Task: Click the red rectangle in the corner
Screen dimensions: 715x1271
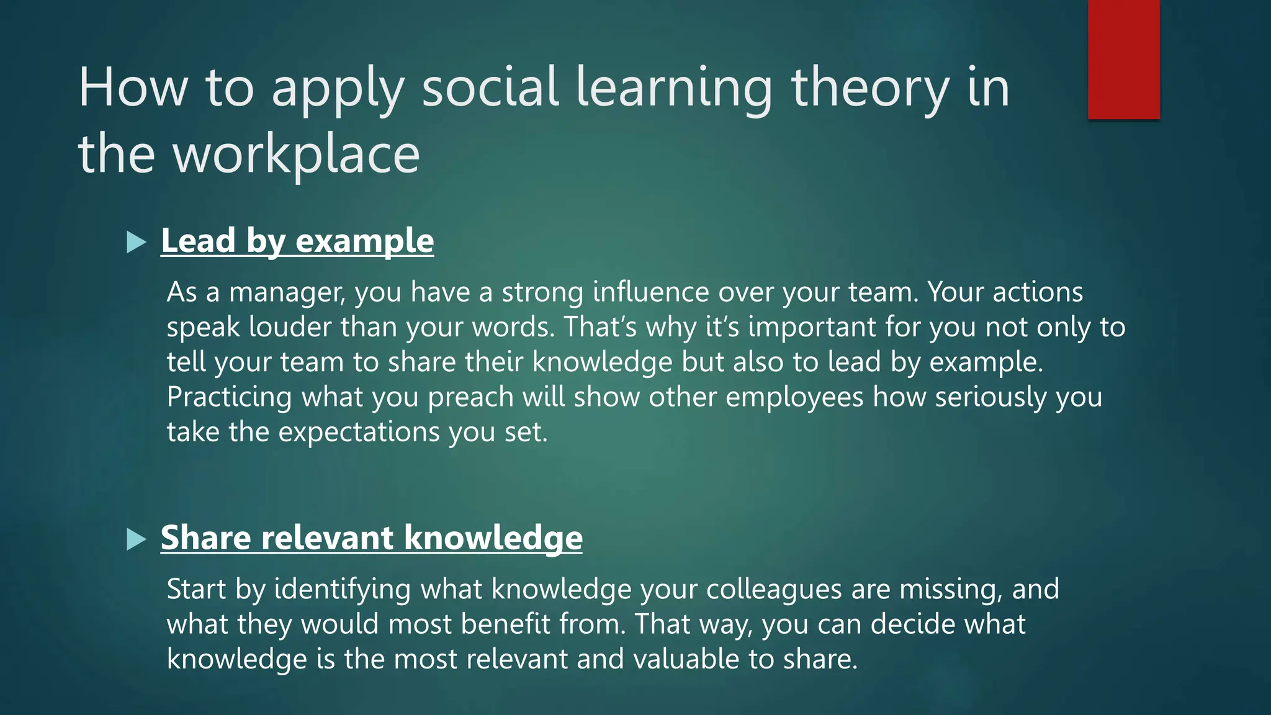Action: [1123, 60]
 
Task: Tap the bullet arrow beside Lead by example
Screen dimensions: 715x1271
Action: [135, 242]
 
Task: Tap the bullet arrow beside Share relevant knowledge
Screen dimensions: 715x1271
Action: [135, 539]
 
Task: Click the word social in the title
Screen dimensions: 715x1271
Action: [490, 88]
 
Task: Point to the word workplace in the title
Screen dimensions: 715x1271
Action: [297, 155]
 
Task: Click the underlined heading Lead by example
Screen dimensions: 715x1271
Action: [297, 241]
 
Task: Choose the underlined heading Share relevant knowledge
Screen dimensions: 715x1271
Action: [371, 537]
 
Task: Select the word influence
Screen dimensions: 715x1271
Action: [650, 292]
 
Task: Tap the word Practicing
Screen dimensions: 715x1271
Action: [229, 397]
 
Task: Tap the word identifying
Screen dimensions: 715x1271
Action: [342, 590]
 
